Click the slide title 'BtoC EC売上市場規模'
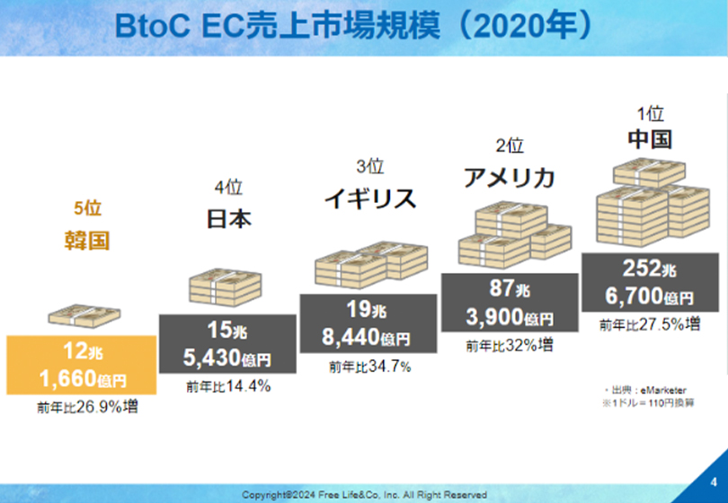pos(277,24)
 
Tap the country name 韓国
pos(87,241)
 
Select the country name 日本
pos(228,218)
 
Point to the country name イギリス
pos(369,199)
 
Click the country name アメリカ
pos(510,177)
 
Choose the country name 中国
pos(650,138)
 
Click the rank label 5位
pos(87,207)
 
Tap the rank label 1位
pos(650,114)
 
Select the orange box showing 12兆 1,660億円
pos(81,365)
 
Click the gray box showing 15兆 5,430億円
pos(227,344)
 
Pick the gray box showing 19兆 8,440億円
pos(368,323)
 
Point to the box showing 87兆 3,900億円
pos(510,303)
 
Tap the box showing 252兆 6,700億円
pos(650,282)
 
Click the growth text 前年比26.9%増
pos(87,407)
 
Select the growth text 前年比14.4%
pos(228,386)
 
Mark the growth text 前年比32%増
pos(510,345)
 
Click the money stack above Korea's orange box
pos(84,315)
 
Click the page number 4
pos(714,482)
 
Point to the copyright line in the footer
pos(364,495)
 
